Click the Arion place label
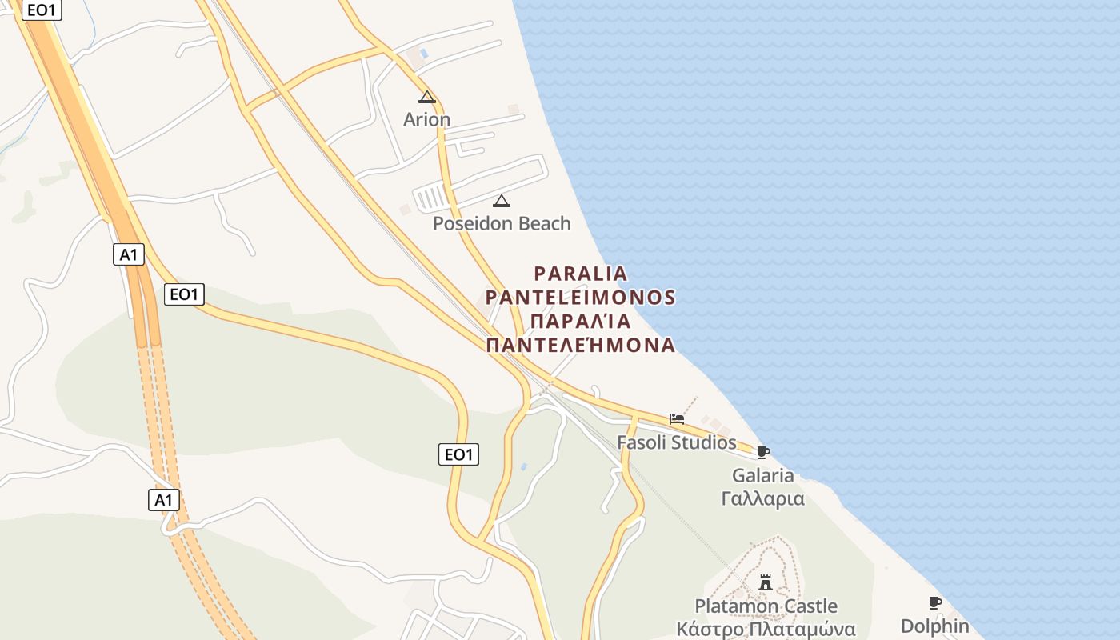click(x=426, y=120)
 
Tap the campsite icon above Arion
click(x=427, y=98)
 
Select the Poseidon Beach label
click(x=502, y=223)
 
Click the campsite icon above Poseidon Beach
click(x=502, y=201)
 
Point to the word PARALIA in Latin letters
click(x=581, y=274)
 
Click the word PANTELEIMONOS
click(x=581, y=298)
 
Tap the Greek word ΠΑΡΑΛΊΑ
click(x=581, y=322)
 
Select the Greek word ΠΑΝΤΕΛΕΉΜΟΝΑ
click(x=581, y=346)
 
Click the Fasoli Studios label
click(x=676, y=442)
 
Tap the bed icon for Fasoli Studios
click(x=677, y=419)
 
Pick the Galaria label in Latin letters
click(x=763, y=476)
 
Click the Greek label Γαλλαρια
click(x=763, y=499)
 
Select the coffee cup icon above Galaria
click(x=763, y=453)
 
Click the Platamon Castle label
click(x=766, y=606)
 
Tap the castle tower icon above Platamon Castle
click(x=766, y=582)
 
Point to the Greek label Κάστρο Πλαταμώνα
click(x=766, y=630)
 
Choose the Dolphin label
click(x=934, y=626)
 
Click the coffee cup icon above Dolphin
click(x=934, y=603)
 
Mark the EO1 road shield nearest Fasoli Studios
click(x=459, y=455)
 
